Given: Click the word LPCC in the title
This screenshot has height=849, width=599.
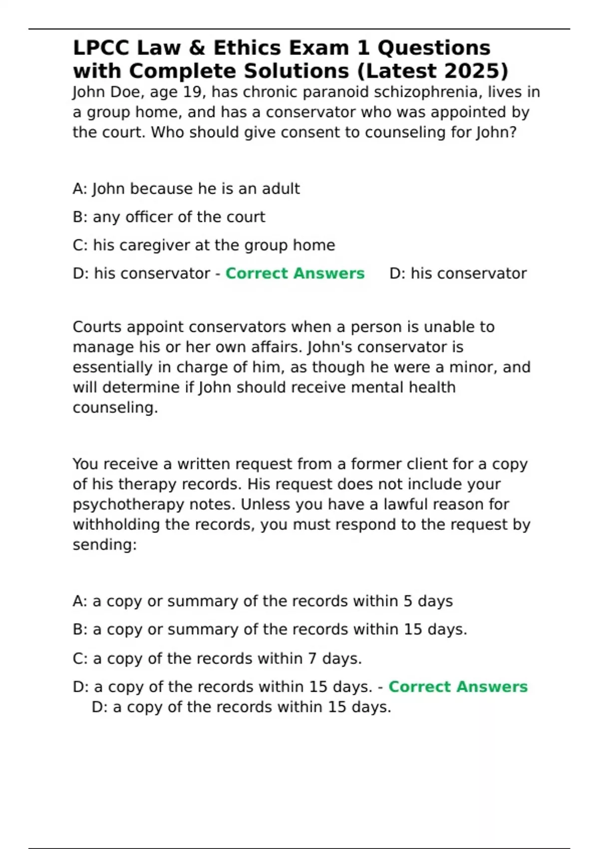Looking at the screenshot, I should click(x=101, y=48).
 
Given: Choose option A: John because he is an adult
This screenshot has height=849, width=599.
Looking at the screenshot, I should click(x=186, y=189).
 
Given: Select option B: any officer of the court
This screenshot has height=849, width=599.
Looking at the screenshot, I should click(x=169, y=217).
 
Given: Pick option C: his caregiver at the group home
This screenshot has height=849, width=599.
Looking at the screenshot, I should click(x=204, y=245).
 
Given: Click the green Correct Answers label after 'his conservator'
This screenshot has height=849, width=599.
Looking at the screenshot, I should click(x=295, y=274).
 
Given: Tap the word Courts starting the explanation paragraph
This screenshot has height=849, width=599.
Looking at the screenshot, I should click(x=97, y=327).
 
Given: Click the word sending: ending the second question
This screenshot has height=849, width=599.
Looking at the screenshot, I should click(x=104, y=544).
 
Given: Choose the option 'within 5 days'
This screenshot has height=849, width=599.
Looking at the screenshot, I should click(x=263, y=601).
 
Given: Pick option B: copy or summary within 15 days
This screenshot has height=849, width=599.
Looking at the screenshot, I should click(x=270, y=629).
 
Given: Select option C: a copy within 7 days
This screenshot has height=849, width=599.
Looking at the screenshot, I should click(x=217, y=658).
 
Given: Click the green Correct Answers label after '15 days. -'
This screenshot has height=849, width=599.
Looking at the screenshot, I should click(x=458, y=687).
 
